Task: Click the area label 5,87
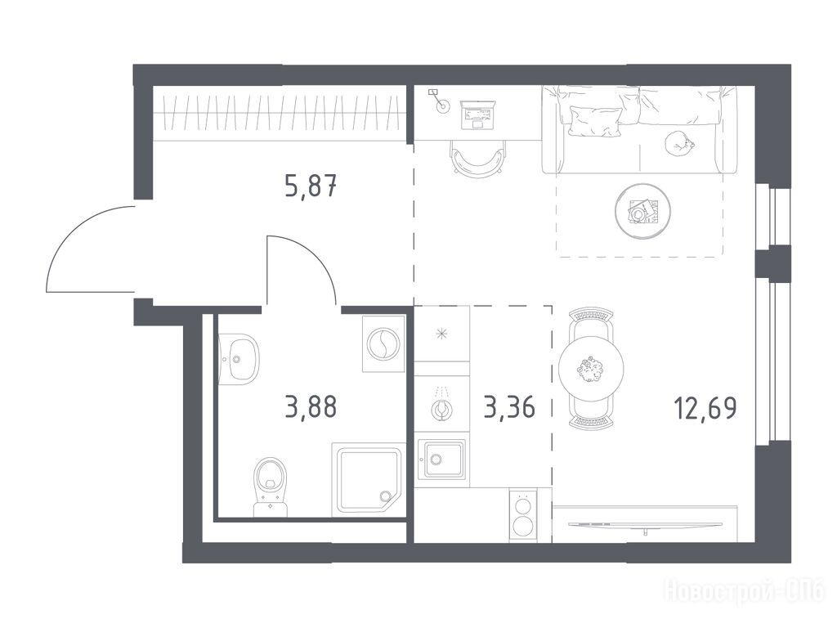pyautogui.click(x=311, y=187)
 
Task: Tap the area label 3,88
pyautogui.click(x=311, y=407)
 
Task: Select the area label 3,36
pyautogui.click(x=508, y=408)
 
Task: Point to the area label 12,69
pyautogui.click(x=705, y=408)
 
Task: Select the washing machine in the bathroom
pyautogui.click(x=384, y=343)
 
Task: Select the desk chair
pyautogui.click(x=477, y=156)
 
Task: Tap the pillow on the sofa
pyautogui.click(x=595, y=121)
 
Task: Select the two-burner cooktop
pyautogui.click(x=521, y=516)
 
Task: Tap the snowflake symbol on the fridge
pyautogui.click(x=441, y=334)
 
